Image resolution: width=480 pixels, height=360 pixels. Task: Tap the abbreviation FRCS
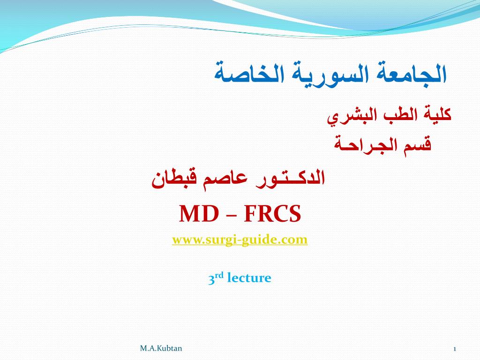point(272,214)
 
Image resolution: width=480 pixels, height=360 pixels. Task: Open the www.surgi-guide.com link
point(240,239)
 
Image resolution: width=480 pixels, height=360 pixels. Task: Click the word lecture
point(249,278)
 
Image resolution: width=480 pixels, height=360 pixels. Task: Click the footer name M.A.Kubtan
point(161,348)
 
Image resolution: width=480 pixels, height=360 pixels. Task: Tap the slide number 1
point(455,349)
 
